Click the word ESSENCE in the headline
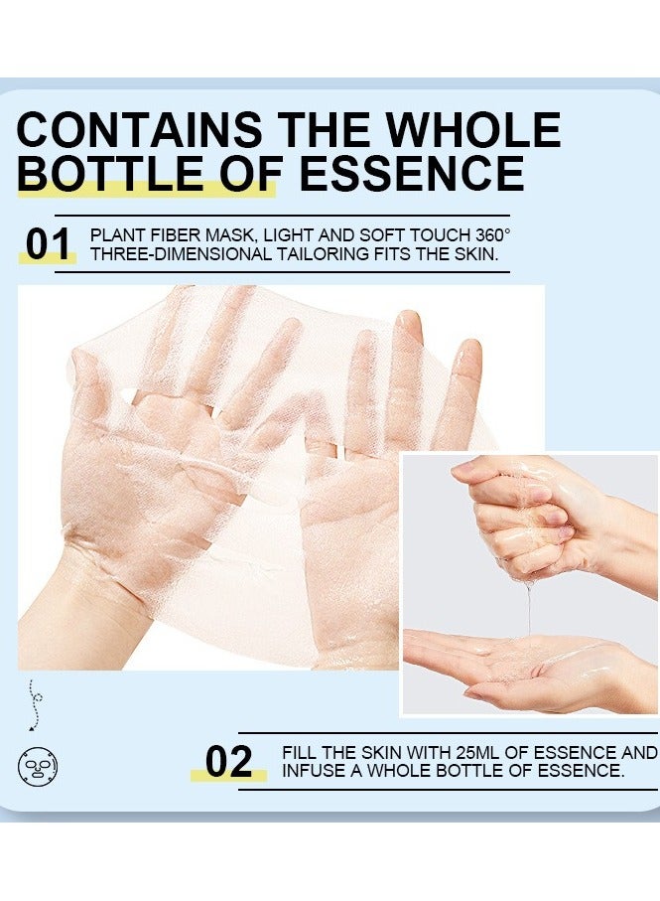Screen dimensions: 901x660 [x=411, y=173]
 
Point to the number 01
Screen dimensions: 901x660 [x=48, y=245]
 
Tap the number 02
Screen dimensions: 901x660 [x=228, y=762]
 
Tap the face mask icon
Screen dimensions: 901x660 [x=38, y=764]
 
